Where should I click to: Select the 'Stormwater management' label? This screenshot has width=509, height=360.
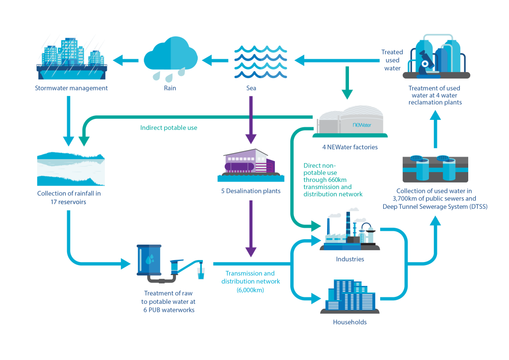[71, 89]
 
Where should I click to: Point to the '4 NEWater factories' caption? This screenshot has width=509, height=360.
[350, 147]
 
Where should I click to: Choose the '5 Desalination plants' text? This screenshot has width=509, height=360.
[251, 191]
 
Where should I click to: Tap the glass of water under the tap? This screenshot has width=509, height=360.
[201, 273]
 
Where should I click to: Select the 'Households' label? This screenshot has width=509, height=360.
[349, 322]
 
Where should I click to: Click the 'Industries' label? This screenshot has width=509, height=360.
[350, 259]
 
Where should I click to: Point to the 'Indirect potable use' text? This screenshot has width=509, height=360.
[169, 128]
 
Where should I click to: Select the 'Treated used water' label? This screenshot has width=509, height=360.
[392, 60]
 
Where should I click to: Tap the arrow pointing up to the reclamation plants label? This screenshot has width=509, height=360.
[435, 130]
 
